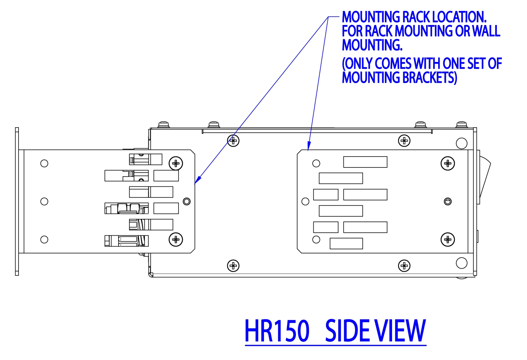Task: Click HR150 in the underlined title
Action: point(277,331)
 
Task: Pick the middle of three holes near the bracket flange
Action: point(44,201)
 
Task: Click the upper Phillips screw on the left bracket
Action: point(176,163)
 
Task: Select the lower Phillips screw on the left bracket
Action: point(176,239)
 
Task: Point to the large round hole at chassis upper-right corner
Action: point(461,143)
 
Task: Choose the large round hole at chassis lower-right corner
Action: point(461,263)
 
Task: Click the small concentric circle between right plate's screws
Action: point(448,201)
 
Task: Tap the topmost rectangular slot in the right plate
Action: point(365,162)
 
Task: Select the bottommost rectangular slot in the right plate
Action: point(346,244)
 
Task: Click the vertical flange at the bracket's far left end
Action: point(17,201)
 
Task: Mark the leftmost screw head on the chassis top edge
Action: point(164,124)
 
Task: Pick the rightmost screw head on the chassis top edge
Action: point(461,124)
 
